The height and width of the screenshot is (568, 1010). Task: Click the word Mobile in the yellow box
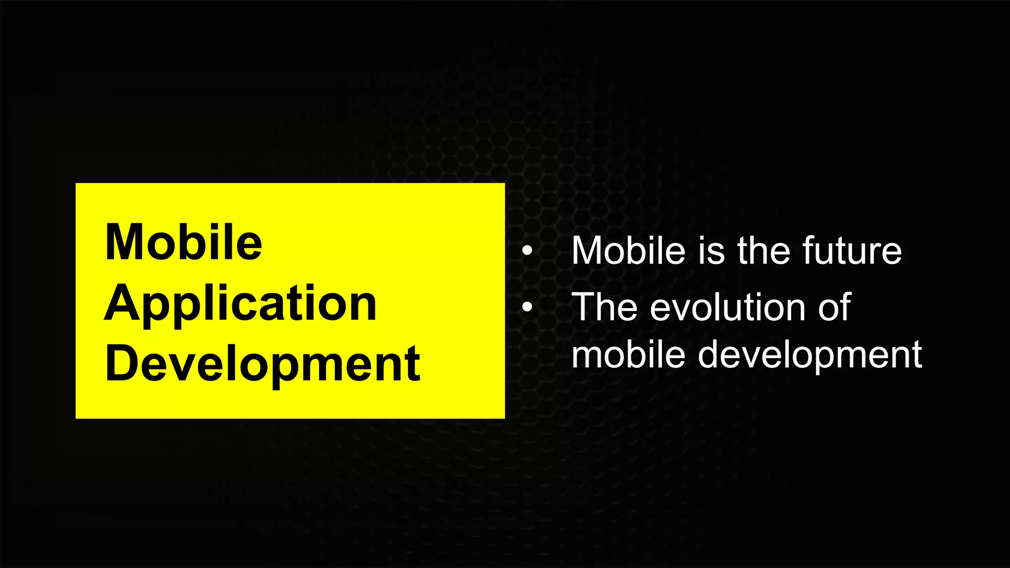183,242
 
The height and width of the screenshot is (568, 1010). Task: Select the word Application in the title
241,304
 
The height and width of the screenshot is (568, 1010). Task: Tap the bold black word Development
262,364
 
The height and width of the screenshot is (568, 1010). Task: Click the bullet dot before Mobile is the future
527,251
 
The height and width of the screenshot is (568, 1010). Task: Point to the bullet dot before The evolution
527,307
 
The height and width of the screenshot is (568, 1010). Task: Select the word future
852,251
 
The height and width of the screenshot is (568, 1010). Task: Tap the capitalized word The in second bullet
605,307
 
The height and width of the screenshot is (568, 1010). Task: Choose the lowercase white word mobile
628,355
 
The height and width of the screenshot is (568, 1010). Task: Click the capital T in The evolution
585,307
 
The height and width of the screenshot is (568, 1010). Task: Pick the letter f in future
808,251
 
